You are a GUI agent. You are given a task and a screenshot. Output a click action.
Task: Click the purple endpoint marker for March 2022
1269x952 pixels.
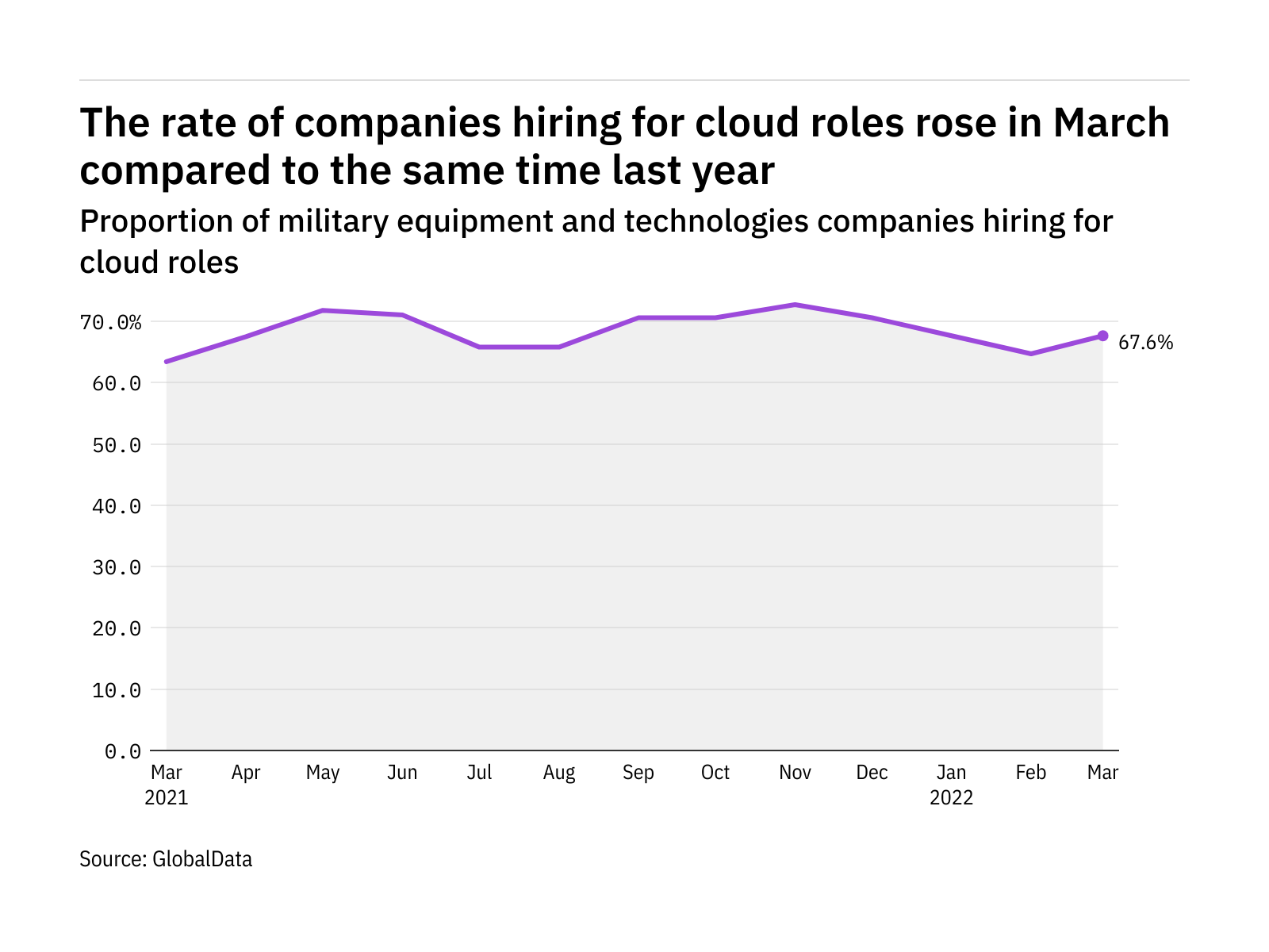click(1102, 336)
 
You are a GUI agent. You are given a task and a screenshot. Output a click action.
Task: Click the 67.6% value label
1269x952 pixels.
click(1145, 343)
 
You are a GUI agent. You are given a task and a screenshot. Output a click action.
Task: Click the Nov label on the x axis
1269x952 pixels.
click(795, 773)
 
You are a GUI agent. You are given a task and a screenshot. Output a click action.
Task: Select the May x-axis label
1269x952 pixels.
click(323, 773)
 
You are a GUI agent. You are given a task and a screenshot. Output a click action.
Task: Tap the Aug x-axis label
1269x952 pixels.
click(559, 773)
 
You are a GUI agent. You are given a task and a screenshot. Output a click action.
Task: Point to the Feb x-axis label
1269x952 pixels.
click(1031, 773)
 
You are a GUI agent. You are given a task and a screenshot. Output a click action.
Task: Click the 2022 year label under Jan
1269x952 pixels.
click(951, 797)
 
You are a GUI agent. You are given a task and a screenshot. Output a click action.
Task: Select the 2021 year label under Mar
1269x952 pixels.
click(167, 797)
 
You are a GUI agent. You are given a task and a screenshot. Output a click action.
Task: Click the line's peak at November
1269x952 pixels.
click(795, 305)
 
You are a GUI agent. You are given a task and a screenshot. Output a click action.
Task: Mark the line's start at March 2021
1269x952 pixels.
click(167, 362)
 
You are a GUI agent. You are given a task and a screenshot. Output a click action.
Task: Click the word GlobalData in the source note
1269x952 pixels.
click(202, 859)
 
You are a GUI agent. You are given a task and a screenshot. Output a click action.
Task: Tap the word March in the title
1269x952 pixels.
click(1111, 123)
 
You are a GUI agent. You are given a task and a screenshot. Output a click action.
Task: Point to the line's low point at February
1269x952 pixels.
click(1031, 354)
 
